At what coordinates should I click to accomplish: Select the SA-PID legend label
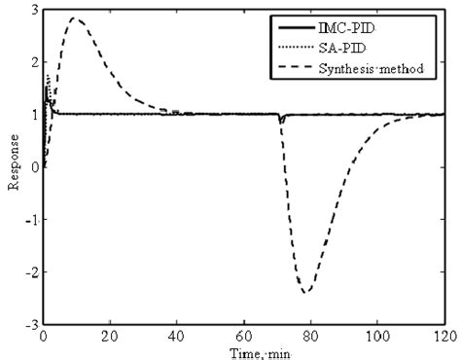coord(372,46)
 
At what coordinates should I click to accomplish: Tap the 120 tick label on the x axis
coord(443,335)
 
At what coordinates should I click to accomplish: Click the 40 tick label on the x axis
coord(177,335)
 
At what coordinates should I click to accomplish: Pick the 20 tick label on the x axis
coord(110,335)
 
